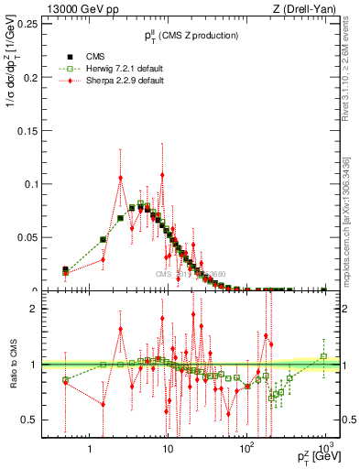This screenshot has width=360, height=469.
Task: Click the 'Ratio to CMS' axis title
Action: (x=13, y=365)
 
